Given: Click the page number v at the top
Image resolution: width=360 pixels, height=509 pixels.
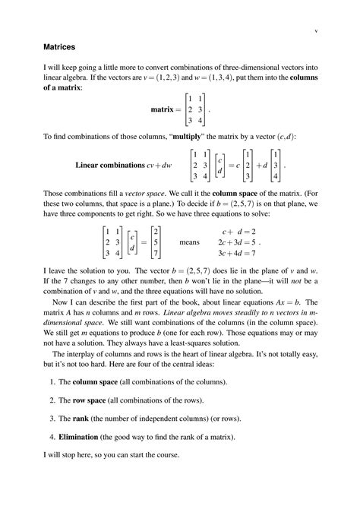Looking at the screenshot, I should pos(314,31).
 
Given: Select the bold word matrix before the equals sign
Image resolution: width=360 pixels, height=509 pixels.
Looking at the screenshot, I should pos(163,109).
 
